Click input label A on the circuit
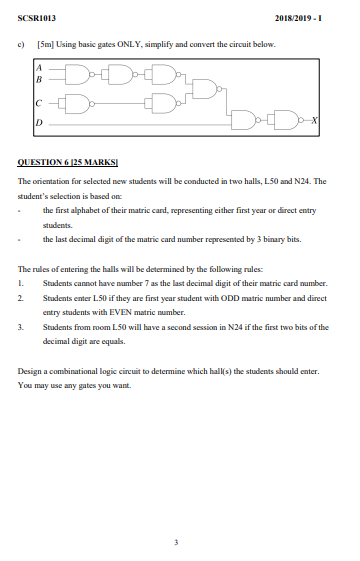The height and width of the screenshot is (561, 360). [x=38, y=67]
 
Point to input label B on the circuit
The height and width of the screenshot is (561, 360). [x=38, y=78]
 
